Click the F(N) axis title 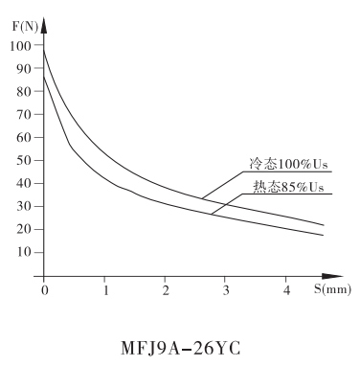(x=26, y=24)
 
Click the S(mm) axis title (x=332, y=287)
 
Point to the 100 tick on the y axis (x=23, y=45)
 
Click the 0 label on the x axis (x=44, y=288)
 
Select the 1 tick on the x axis (x=105, y=288)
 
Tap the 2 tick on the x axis (x=166, y=288)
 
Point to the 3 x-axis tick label (x=226, y=288)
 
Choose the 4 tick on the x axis (x=287, y=288)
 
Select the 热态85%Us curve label (x=287, y=186)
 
